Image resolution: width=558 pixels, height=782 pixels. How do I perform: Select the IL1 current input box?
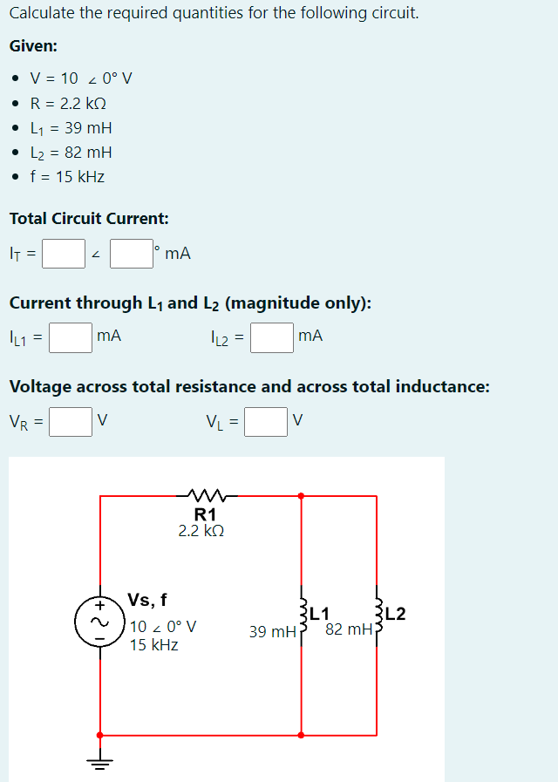(71, 337)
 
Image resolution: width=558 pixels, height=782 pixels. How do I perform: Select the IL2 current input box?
(271, 337)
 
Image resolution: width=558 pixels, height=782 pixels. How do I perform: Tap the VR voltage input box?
(71, 422)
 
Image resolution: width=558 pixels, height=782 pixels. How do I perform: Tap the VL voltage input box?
(266, 422)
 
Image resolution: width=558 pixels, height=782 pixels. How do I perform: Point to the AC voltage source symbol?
(100, 621)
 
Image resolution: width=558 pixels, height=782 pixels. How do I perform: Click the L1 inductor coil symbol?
(303, 616)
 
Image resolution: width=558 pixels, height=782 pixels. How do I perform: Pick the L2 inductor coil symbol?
(378, 616)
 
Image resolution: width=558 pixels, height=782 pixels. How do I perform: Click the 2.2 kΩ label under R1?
(202, 530)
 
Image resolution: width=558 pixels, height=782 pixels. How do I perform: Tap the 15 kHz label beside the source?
(153, 645)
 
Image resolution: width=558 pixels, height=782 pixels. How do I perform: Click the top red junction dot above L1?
(302, 496)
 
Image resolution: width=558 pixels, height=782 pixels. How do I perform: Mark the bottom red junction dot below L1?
(302, 735)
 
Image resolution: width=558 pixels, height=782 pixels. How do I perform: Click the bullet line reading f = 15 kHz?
(67, 176)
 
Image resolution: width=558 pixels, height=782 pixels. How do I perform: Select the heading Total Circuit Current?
(89, 218)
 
